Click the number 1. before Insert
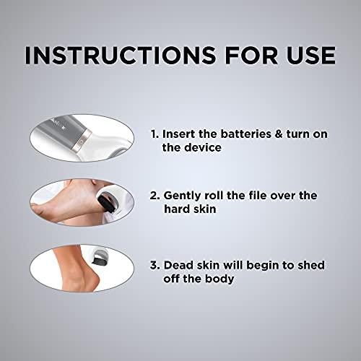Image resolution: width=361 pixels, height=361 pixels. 155,134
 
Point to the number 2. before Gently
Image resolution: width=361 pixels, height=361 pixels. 155,196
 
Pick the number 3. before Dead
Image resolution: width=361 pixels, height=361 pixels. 155,264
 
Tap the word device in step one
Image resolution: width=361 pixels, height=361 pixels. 196,147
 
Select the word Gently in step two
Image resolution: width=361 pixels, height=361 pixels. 183,196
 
